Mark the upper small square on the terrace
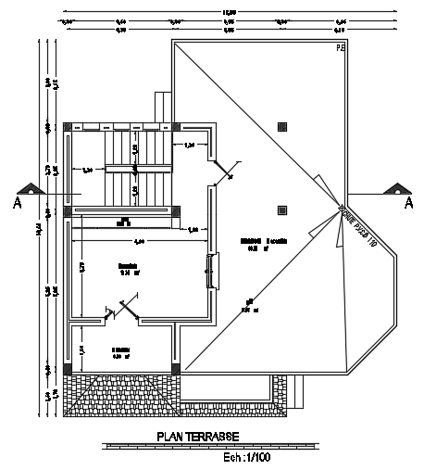tap(283, 124)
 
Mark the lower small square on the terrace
tap(283, 210)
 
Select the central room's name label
tap(128, 265)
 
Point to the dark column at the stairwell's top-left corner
tap(68, 126)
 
